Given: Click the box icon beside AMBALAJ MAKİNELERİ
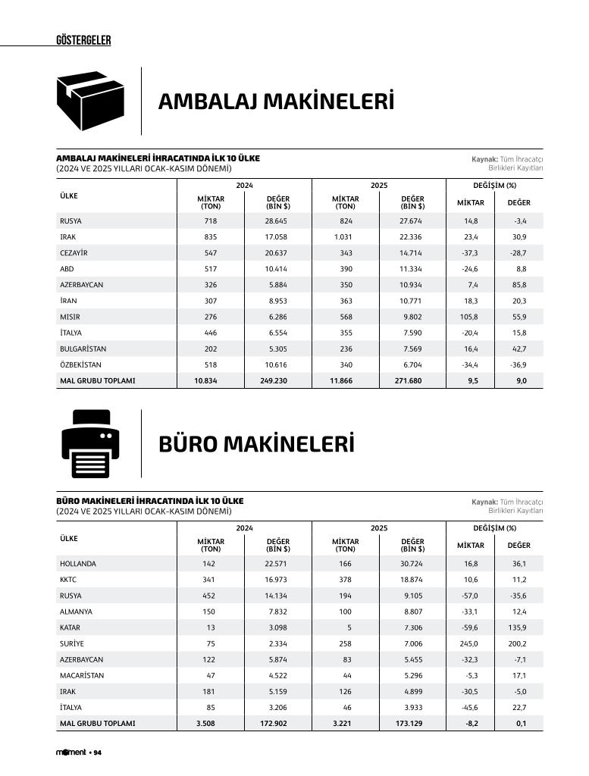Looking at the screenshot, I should click(92, 101).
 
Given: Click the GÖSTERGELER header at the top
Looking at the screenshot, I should click(83, 40).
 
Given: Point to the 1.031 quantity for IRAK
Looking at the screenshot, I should click(343, 237).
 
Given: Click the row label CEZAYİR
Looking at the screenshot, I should click(74, 253).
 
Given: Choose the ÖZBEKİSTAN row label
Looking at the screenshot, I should click(80, 365).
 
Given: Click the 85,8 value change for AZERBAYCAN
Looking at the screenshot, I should click(519, 285).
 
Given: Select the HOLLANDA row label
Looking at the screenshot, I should click(78, 564).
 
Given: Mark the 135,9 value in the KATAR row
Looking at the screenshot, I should click(517, 627).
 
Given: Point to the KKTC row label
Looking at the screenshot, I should click(69, 580).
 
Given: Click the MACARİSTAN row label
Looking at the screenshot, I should click(82, 675).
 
